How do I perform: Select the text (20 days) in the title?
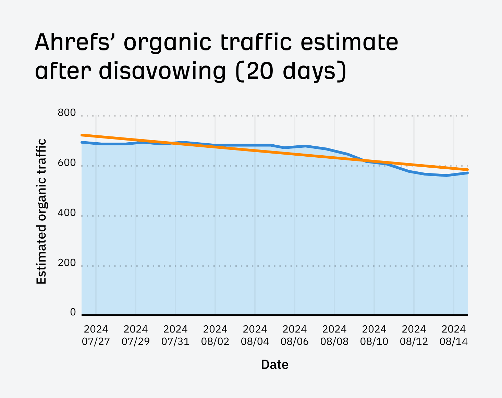[x=291, y=71]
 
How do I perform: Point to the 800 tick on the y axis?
[x=67, y=113]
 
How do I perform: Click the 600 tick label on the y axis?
[x=67, y=163]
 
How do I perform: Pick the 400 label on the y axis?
[x=67, y=213]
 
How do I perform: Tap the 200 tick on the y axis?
[x=67, y=263]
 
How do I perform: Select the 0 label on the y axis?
[x=73, y=312]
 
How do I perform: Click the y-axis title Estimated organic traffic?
[x=41, y=211]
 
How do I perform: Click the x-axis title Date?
[x=274, y=364]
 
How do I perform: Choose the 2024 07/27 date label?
[x=96, y=335]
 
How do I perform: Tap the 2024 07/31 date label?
[x=175, y=335]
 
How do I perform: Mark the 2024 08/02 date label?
[x=215, y=335]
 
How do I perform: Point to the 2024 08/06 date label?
[x=295, y=335]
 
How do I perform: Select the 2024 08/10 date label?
[x=374, y=335]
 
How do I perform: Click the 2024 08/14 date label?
[x=454, y=335]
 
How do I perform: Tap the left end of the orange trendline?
[x=82, y=135]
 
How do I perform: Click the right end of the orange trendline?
[x=467, y=170]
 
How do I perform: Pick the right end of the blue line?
[x=467, y=173]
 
